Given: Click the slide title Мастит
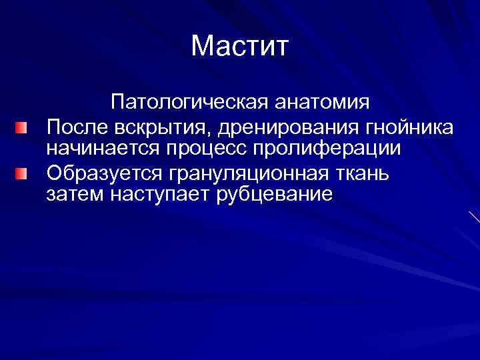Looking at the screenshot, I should point(239,46).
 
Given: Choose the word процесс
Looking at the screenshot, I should point(204,149).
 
